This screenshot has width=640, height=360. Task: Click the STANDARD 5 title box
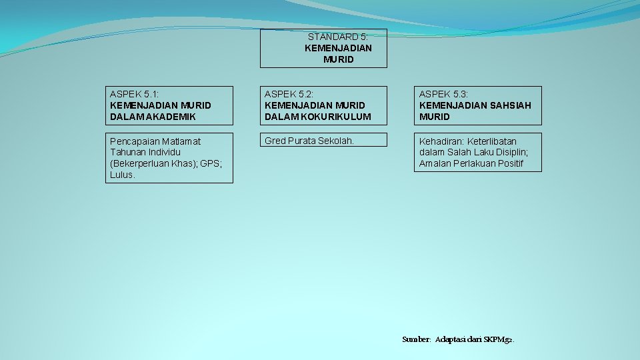coord(323,49)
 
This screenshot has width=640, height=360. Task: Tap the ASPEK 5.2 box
coord(324,105)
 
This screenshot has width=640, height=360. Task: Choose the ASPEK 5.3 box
coord(479,105)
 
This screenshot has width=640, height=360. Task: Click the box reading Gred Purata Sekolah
coord(324,141)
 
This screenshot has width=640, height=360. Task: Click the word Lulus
coord(123,175)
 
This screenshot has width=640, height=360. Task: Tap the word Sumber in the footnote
coord(417,339)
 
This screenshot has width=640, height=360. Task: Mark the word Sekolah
coord(337,141)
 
